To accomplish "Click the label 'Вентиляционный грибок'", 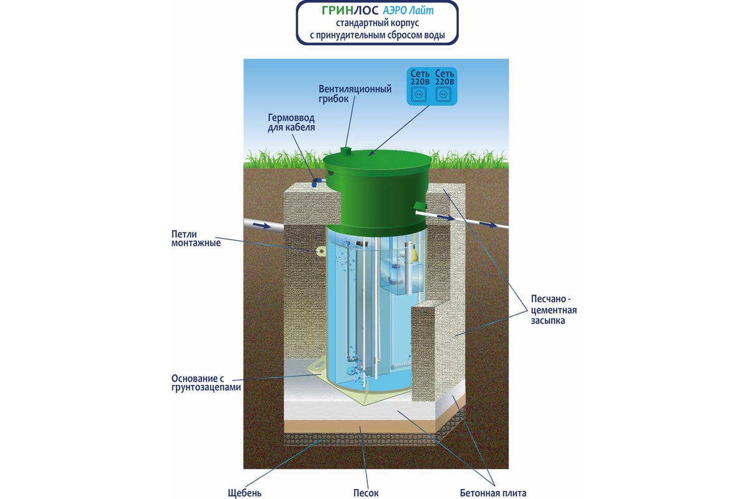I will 354,94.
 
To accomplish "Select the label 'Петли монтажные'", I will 196,238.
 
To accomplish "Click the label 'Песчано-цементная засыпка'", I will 553,310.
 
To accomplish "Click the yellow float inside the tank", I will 413,254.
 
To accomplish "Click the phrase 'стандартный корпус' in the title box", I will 378,24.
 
